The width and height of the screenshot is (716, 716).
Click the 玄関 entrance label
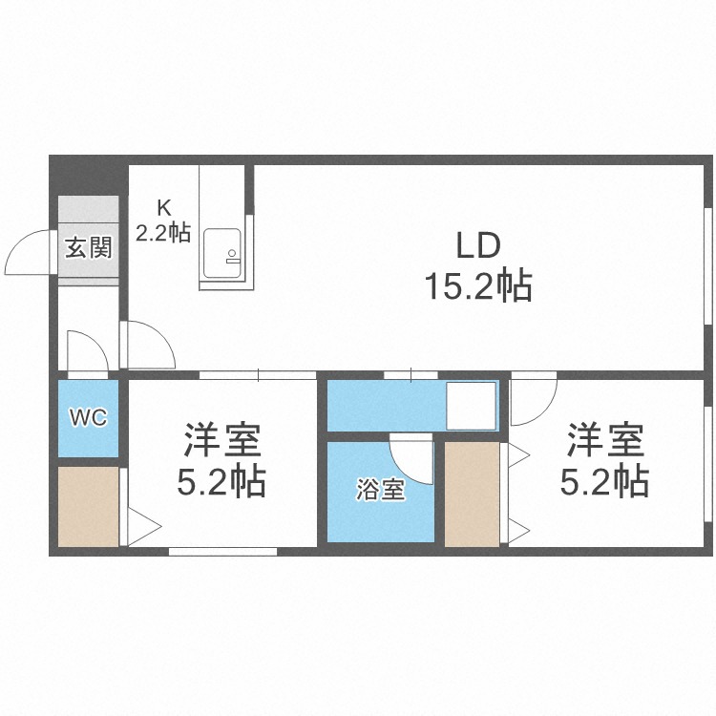[89, 248]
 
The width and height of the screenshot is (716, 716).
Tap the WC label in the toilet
[88, 417]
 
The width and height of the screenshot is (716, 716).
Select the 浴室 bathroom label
[380, 490]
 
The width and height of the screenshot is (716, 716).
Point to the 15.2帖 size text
[478, 285]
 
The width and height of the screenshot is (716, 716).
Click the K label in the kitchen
[163, 208]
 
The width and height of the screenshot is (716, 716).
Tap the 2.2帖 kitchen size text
[163, 233]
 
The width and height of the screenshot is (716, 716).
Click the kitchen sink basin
[221, 253]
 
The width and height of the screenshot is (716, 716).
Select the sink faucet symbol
[232, 257]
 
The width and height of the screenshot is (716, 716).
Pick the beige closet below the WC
[88, 506]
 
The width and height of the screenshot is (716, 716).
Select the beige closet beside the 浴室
[472, 494]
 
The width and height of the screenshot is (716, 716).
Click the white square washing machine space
[471, 406]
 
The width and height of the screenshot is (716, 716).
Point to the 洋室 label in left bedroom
[221, 440]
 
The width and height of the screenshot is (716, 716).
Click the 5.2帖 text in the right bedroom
[604, 480]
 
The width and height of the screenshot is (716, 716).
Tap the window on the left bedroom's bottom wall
[222, 551]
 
